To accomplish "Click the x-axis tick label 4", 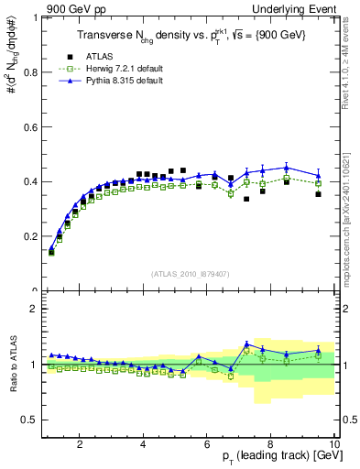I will click(144, 446).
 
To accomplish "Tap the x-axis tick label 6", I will click(207, 446).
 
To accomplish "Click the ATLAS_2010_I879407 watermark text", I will click(191, 274).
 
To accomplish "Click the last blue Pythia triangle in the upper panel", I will click(318, 175).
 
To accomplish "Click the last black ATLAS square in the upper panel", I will click(318, 194).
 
